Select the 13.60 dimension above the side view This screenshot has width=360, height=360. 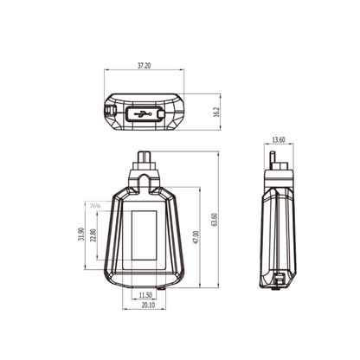point(278,140)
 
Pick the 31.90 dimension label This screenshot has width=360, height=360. point(81,235)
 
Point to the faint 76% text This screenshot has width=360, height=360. point(93,206)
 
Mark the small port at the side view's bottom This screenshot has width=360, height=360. point(280,280)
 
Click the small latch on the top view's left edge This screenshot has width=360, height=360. point(108,112)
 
